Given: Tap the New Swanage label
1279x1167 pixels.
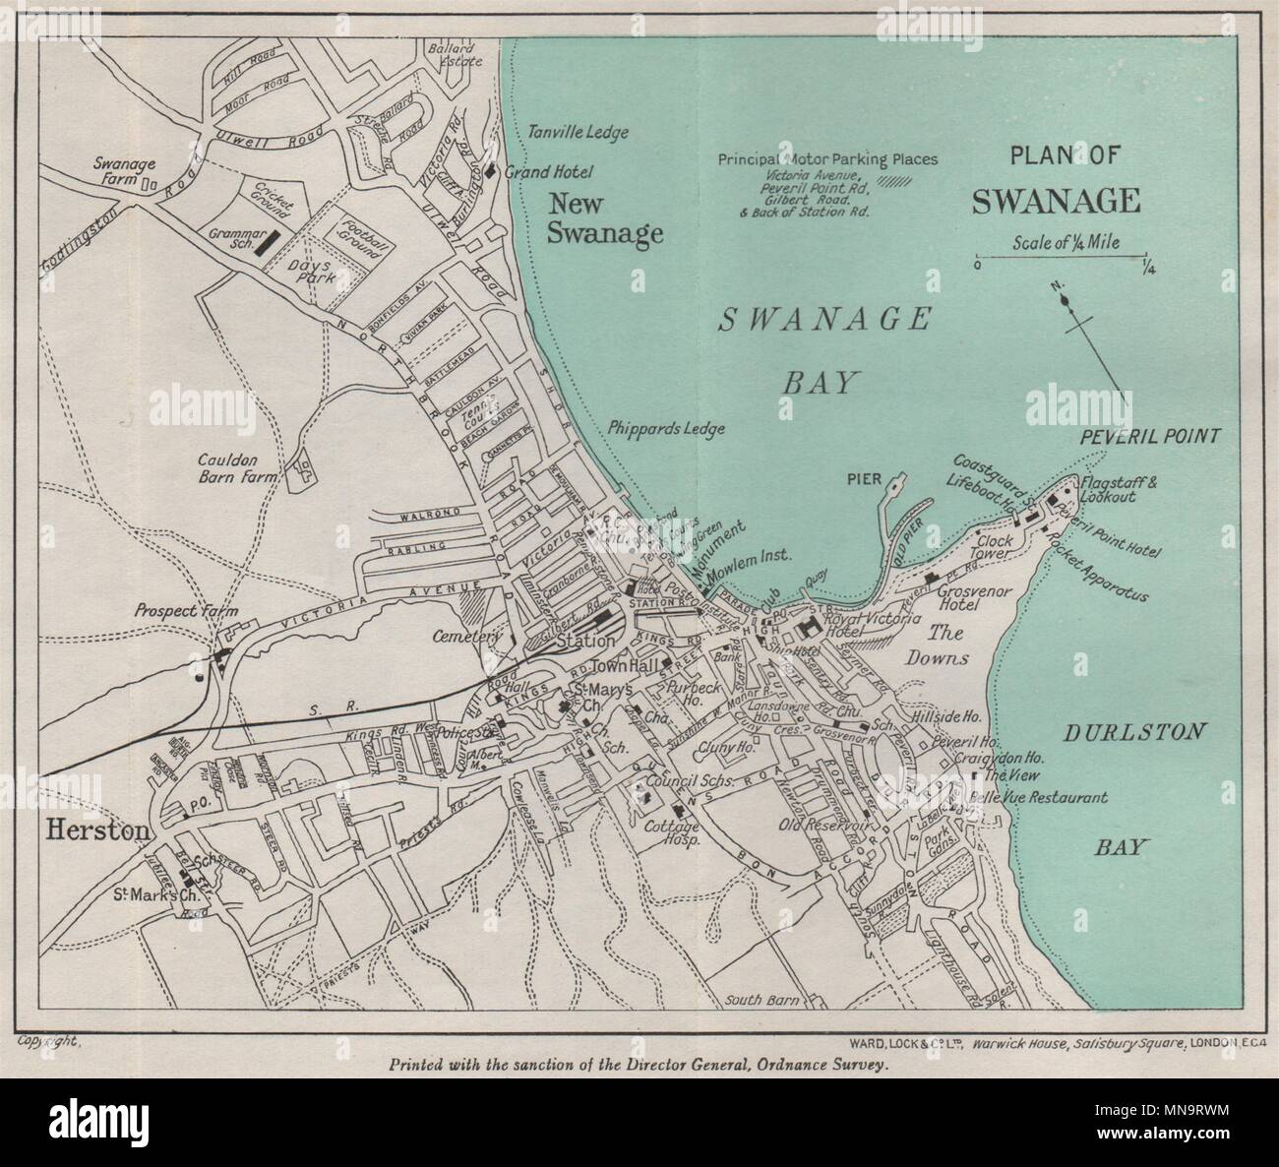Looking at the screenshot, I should (x=604, y=218).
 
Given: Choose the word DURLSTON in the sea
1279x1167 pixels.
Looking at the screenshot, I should (x=1127, y=731).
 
